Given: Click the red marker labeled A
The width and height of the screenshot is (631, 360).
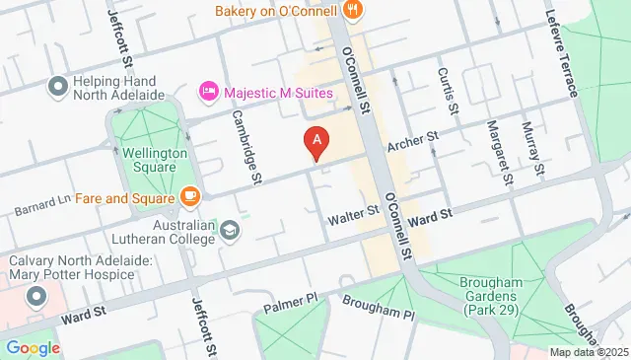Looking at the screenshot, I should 315,144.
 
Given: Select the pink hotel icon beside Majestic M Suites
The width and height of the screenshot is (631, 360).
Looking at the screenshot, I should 209,92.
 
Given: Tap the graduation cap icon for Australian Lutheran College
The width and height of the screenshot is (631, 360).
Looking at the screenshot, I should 230,230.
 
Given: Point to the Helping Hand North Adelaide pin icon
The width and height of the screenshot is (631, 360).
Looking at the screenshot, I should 57,86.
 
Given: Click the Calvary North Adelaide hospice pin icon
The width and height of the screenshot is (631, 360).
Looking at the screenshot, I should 36,296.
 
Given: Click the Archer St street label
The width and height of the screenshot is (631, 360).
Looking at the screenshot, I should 411,144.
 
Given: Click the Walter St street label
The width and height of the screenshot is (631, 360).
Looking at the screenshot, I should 354,211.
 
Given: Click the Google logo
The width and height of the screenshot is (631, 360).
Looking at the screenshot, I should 33,347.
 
